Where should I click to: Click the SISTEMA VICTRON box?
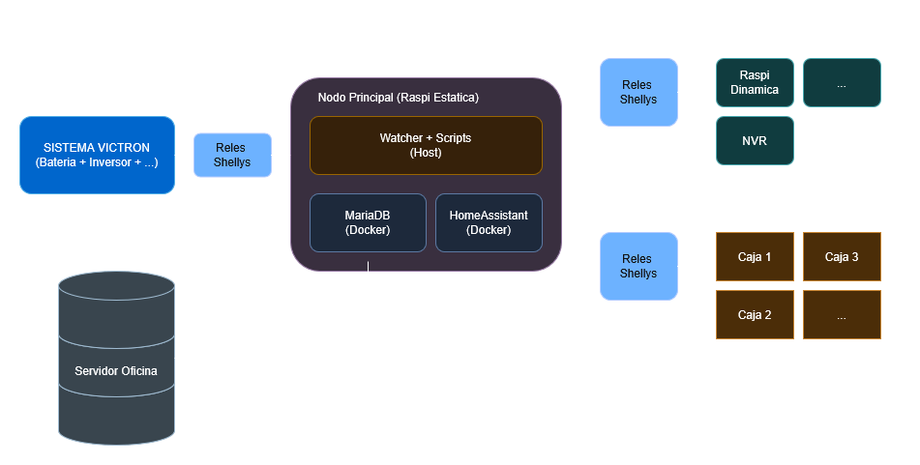tap(98, 155)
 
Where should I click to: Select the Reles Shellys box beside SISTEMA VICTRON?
tap(232, 155)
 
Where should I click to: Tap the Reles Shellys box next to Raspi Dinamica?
tap(638, 92)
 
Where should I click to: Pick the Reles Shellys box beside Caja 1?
tap(638, 266)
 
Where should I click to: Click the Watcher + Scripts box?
tap(426, 145)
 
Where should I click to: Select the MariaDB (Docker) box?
tap(368, 222)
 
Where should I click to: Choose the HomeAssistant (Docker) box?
tap(489, 222)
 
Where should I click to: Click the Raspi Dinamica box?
tap(755, 83)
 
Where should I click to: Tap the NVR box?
tap(755, 141)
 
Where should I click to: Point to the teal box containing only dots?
tap(842, 83)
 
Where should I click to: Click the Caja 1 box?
tap(755, 257)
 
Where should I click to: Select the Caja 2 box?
tap(755, 315)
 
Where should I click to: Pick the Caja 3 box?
tap(842, 257)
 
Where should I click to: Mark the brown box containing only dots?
tap(842, 315)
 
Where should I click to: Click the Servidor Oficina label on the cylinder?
tap(115, 371)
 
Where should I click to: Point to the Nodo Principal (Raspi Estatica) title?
tap(399, 98)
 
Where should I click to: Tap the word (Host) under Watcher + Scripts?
tap(426, 153)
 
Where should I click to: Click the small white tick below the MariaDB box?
tap(368, 266)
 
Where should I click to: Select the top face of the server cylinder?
tap(116, 285)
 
